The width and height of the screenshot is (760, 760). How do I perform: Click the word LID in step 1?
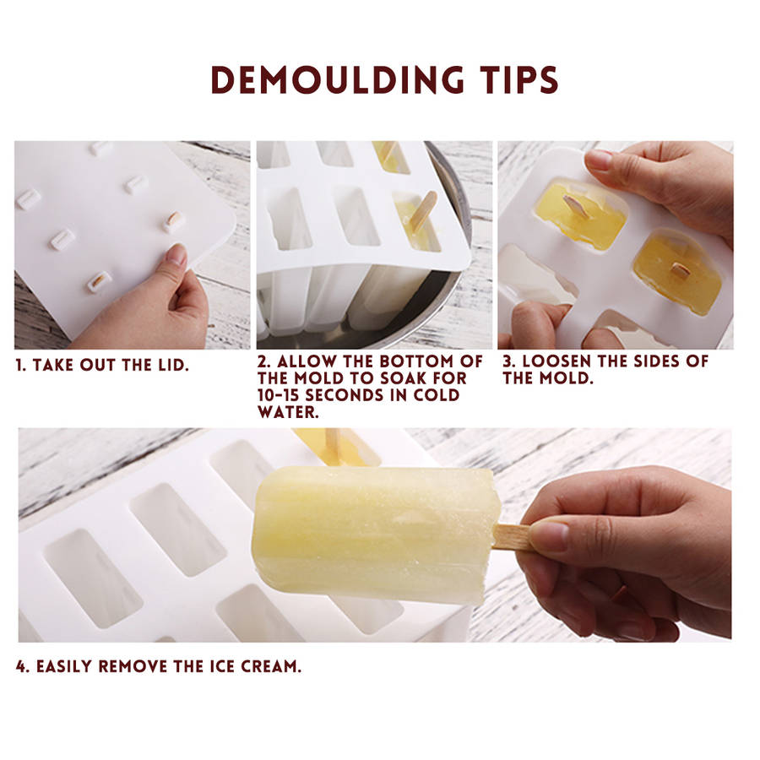point(173,365)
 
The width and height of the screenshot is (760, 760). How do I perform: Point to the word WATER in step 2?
point(288,412)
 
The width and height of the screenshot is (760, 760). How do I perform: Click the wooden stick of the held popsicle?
point(512,537)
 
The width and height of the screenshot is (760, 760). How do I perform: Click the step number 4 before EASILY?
point(22,666)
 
